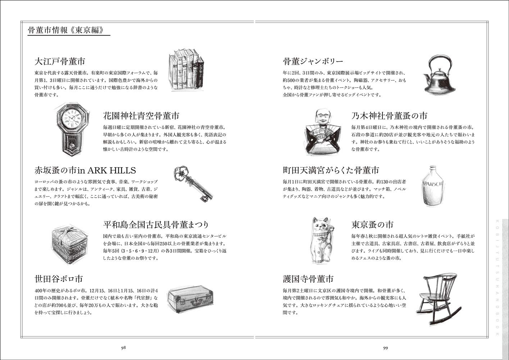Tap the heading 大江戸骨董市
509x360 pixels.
pos(60,61)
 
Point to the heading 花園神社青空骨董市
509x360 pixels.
pos(141,116)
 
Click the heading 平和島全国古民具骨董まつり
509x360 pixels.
pos(156,225)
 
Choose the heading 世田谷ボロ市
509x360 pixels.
pos(58,279)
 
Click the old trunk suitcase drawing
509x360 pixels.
pos(190,300)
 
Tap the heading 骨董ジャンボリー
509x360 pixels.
pos(313,61)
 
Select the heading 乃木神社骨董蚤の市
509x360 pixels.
pos(389,116)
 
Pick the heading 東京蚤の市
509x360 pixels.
pos(372,225)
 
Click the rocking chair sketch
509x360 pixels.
pos(438,299)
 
